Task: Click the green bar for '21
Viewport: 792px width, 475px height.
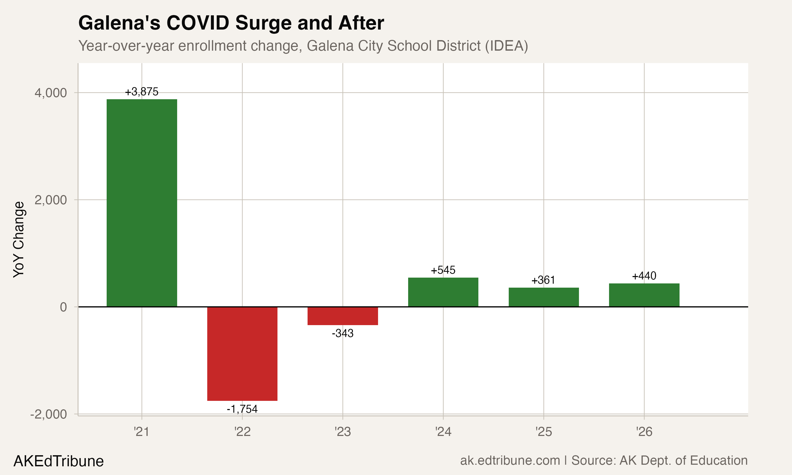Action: (142, 203)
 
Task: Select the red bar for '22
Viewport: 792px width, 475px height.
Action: (242, 353)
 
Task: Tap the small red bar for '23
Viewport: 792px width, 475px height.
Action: (342, 316)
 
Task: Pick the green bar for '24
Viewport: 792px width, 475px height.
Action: (443, 292)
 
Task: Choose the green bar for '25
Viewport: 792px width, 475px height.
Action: (544, 297)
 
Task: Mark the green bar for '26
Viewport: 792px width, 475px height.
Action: (644, 295)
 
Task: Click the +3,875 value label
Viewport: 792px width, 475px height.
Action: (142, 92)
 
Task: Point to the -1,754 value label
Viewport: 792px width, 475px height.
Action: (242, 409)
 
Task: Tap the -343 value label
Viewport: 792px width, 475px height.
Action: (342, 334)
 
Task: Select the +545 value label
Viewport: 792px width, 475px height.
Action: (443, 270)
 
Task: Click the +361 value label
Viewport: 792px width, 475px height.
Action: (543, 281)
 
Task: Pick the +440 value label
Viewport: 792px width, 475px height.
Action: (644, 276)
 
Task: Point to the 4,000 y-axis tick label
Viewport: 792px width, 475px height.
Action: (51, 93)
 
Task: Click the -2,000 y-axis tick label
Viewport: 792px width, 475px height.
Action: (49, 415)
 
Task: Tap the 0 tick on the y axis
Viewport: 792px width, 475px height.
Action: (63, 307)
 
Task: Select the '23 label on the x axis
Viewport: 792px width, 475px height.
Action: (342, 432)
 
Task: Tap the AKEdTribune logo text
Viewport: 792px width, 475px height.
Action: (59, 461)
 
